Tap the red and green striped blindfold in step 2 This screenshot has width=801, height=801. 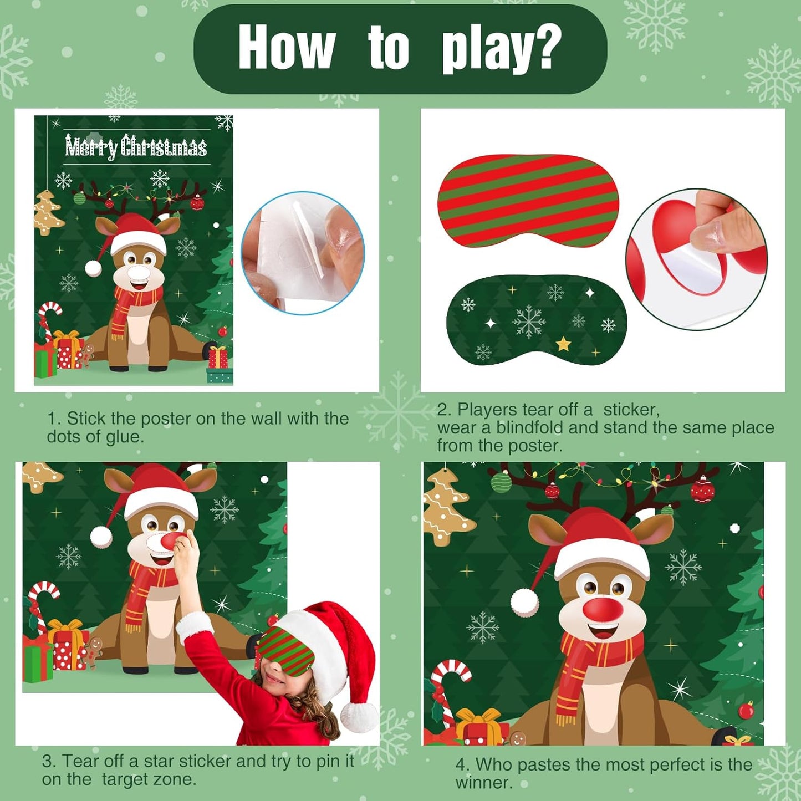click(528, 201)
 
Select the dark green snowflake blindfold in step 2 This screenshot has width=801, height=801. click(536, 320)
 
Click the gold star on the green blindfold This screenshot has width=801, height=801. click(563, 345)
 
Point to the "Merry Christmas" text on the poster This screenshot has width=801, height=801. click(136, 147)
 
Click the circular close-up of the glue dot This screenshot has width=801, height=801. click(303, 253)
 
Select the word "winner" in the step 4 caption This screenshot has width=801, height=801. click(483, 783)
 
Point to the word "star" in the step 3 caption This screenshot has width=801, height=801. click(159, 761)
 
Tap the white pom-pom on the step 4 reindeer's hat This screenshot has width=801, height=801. click(524, 603)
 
